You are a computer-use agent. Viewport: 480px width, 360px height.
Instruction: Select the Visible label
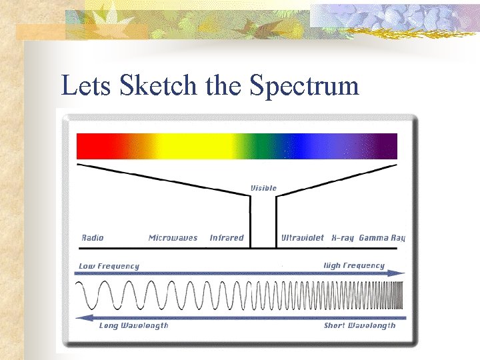tap(263, 188)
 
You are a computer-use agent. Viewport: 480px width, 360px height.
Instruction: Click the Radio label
tap(93, 238)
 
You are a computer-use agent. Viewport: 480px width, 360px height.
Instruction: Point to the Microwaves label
tap(173, 238)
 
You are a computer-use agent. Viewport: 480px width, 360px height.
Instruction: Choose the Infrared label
tap(227, 238)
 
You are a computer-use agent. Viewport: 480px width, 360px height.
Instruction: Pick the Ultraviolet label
tap(303, 238)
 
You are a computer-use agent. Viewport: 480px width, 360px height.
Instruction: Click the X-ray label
tap(343, 238)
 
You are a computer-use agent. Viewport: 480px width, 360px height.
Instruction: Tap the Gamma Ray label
tap(381, 238)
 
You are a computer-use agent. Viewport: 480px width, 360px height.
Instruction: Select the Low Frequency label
tap(109, 266)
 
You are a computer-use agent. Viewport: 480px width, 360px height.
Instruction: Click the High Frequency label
tap(354, 265)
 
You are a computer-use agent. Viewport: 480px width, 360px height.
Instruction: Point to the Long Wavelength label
tap(133, 325)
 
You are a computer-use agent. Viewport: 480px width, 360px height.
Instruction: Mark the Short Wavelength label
tap(359, 325)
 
